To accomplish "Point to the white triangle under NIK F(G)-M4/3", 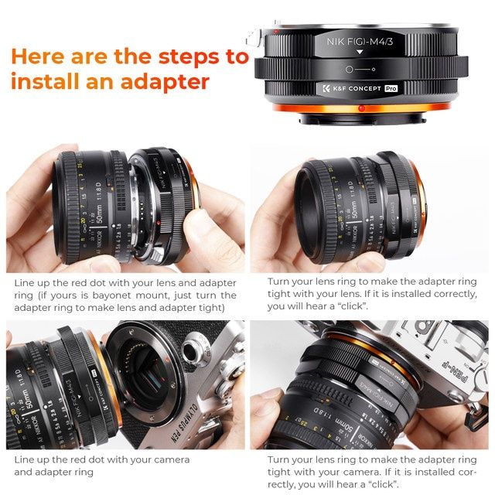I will pos(359,52).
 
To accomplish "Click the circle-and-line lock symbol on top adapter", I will pos(359,70).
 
